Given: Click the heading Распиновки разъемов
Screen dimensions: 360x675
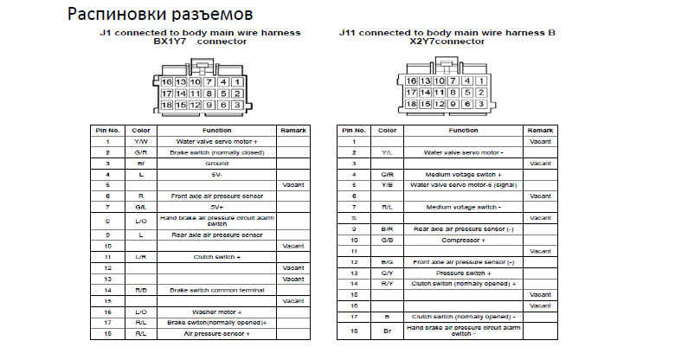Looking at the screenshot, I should [x=160, y=15].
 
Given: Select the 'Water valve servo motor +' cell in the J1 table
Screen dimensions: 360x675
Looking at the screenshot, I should [x=217, y=140].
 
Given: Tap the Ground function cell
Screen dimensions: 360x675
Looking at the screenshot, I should [x=217, y=163].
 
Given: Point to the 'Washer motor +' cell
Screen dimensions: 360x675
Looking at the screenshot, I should [x=217, y=312].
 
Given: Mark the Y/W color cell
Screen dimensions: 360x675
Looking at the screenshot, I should [x=140, y=140].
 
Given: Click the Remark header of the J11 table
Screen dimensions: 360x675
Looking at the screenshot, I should [x=540, y=130].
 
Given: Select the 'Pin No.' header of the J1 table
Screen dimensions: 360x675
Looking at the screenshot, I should [x=106, y=130].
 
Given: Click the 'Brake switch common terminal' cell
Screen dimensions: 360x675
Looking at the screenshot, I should [x=217, y=290].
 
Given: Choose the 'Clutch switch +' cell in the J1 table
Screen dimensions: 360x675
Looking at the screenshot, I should [x=217, y=257].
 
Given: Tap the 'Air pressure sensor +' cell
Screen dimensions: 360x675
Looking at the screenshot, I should [x=217, y=333].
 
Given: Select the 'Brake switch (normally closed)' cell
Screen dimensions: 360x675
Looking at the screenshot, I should [x=217, y=151].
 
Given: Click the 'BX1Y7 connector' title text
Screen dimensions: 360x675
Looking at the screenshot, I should [x=199, y=41].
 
